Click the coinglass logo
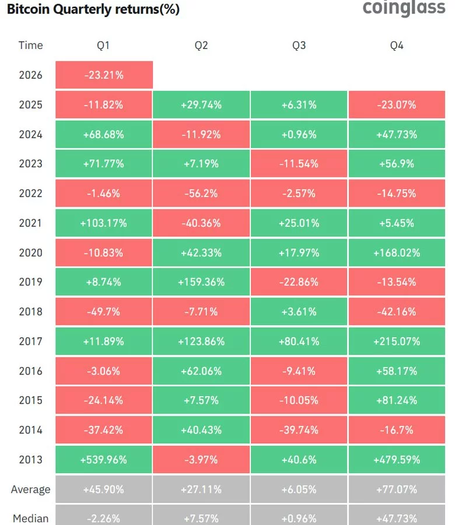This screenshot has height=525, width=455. [x=403, y=9]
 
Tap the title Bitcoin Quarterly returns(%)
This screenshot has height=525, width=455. [x=90, y=9]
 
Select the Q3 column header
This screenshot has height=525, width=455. [x=299, y=45]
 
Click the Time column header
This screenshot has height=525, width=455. [x=30, y=45]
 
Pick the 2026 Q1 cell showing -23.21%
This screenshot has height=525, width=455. [x=104, y=75]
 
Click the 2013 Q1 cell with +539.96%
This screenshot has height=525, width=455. [x=104, y=460]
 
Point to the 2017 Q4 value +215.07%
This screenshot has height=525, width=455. [x=397, y=341]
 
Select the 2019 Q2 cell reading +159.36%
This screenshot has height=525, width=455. [x=201, y=282]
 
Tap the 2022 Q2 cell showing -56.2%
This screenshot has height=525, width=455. [x=201, y=194]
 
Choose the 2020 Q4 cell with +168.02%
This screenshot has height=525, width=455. [x=397, y=253]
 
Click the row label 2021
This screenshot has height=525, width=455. [x=30, y=223]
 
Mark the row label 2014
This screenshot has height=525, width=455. [x=30, y=430]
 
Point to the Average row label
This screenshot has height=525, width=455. [x=30, y=489]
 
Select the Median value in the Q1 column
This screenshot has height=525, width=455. [x=104, y=518]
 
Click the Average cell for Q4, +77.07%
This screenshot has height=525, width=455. [x=397, y=489]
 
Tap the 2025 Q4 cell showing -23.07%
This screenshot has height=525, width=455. [x=397, y=105]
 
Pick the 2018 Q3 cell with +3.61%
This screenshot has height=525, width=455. [x=299, y=312]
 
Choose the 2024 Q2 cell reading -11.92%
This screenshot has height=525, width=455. [x=201, y=135]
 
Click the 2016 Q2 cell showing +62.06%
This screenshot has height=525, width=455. [x=201, y=371]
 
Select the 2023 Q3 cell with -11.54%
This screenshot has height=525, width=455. [x=299, y=164]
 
